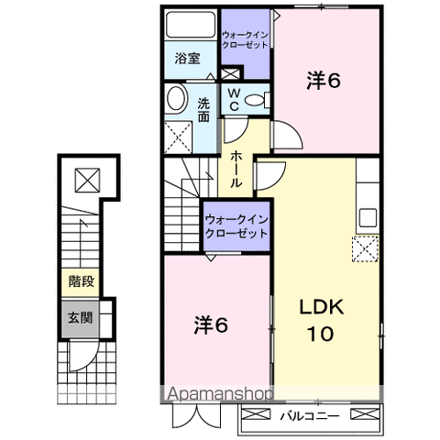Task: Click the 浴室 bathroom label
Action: tap(187, 58)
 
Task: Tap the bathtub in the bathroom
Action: tap(191, 25)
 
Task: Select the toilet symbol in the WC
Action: tap(258, 100)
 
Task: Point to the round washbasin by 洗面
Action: tap(177, 98)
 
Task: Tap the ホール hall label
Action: tap(236, 169)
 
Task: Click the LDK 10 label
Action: tap(322, 320)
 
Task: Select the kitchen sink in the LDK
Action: tap(368, 217)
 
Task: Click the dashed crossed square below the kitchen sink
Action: tap(366, 248)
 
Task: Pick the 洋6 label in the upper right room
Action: tap(324, 81)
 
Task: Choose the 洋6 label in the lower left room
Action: tap(211, 324)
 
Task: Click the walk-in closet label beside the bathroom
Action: tap(245, 39)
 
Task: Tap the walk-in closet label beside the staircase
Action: tap(236, 226)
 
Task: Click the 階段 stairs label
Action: tap(81, 281)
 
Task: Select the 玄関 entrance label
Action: tap(80, 318)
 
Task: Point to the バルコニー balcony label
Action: tap(310, 416)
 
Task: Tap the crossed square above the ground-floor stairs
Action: tap(87, 181)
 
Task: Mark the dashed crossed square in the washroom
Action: tap(178, 137)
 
